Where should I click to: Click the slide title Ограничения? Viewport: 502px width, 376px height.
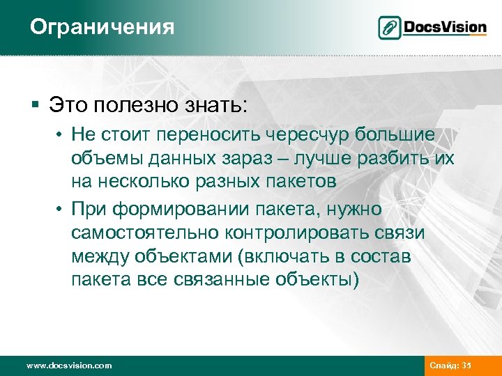102,27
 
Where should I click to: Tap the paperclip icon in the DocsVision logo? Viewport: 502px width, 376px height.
390,28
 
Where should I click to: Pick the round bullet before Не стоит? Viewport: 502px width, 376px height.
61,134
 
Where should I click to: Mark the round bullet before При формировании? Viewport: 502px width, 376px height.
61,208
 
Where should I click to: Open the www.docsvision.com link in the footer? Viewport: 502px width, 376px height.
68,366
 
